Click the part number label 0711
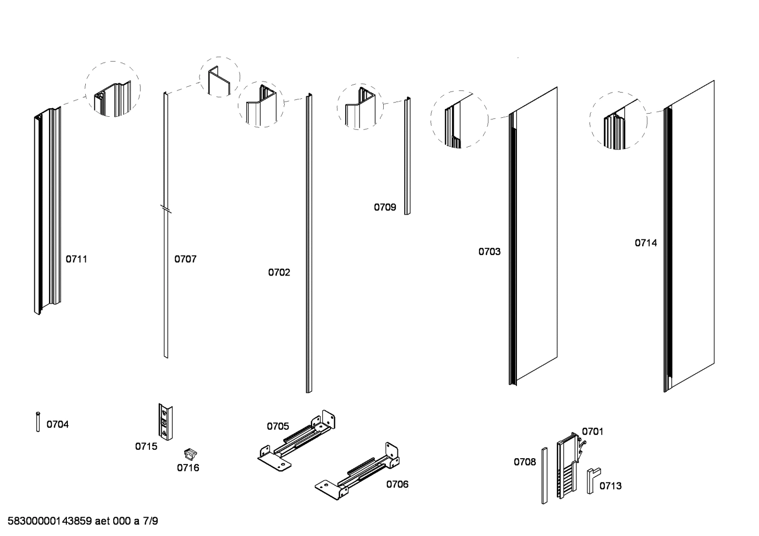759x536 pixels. point(76,259)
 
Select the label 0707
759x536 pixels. point(185,259)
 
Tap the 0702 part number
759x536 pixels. point(279,272)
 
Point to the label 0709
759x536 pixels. point(385,207)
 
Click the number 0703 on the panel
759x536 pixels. point(489,251)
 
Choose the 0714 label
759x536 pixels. point(645,243)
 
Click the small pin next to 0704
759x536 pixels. point(38,422)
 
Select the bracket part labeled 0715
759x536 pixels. point(166,422)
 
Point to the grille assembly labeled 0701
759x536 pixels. point(568,465)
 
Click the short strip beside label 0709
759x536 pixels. point(407,156)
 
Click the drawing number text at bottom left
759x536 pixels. point(83,522)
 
